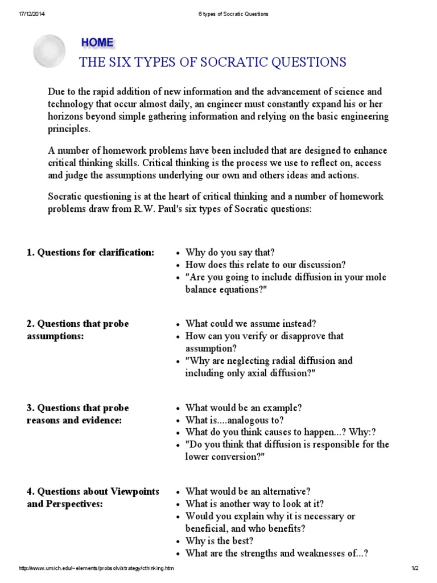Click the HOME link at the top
pyautogui.click(x=97, y=43)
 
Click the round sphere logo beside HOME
pyautogui.click(x=50, y=51)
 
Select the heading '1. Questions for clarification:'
pyautogui.click(x=90, y=252)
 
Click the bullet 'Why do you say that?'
pyautogui.click(x=230, y=252)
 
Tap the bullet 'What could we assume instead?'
pyautogui.click(x=242, y=323)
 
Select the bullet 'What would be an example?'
pyautogui.click(x=244, y=408)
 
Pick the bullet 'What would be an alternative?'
pyautogui.click(x=248, y=491)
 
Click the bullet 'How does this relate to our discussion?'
pyautogui.click(x=265, y=265)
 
